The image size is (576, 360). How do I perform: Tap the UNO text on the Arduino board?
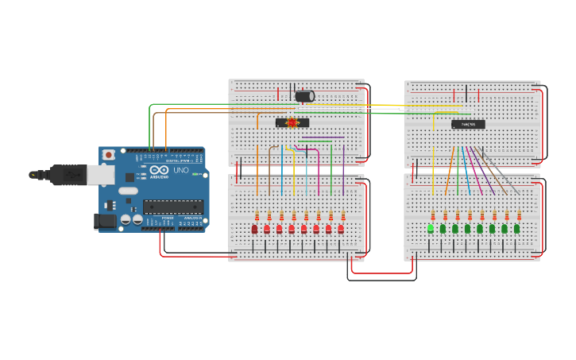coord(181,170)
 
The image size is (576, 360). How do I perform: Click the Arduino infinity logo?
coord(159,170)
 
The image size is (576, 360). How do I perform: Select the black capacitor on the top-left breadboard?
coord(304,96)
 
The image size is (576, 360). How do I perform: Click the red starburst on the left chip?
coord(292,122)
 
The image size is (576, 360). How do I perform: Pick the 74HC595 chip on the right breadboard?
coord(468,124)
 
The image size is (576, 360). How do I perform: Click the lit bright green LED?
coord(431,228)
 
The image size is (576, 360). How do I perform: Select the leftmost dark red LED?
coord(254,229)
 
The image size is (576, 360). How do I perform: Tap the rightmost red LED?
coord(341,229)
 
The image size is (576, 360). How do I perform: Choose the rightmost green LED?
coord(516,229)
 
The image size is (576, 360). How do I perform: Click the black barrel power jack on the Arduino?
coord(105,222)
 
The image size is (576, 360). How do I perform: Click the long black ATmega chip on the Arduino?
coord(172,207)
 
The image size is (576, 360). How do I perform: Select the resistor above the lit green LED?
coord(433,215)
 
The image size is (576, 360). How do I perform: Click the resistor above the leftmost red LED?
coord(257,216)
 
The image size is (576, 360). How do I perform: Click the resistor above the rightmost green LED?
coord(519,215)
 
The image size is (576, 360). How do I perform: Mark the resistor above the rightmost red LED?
coord(343,216)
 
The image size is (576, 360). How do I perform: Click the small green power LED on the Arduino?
coord(194,174)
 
